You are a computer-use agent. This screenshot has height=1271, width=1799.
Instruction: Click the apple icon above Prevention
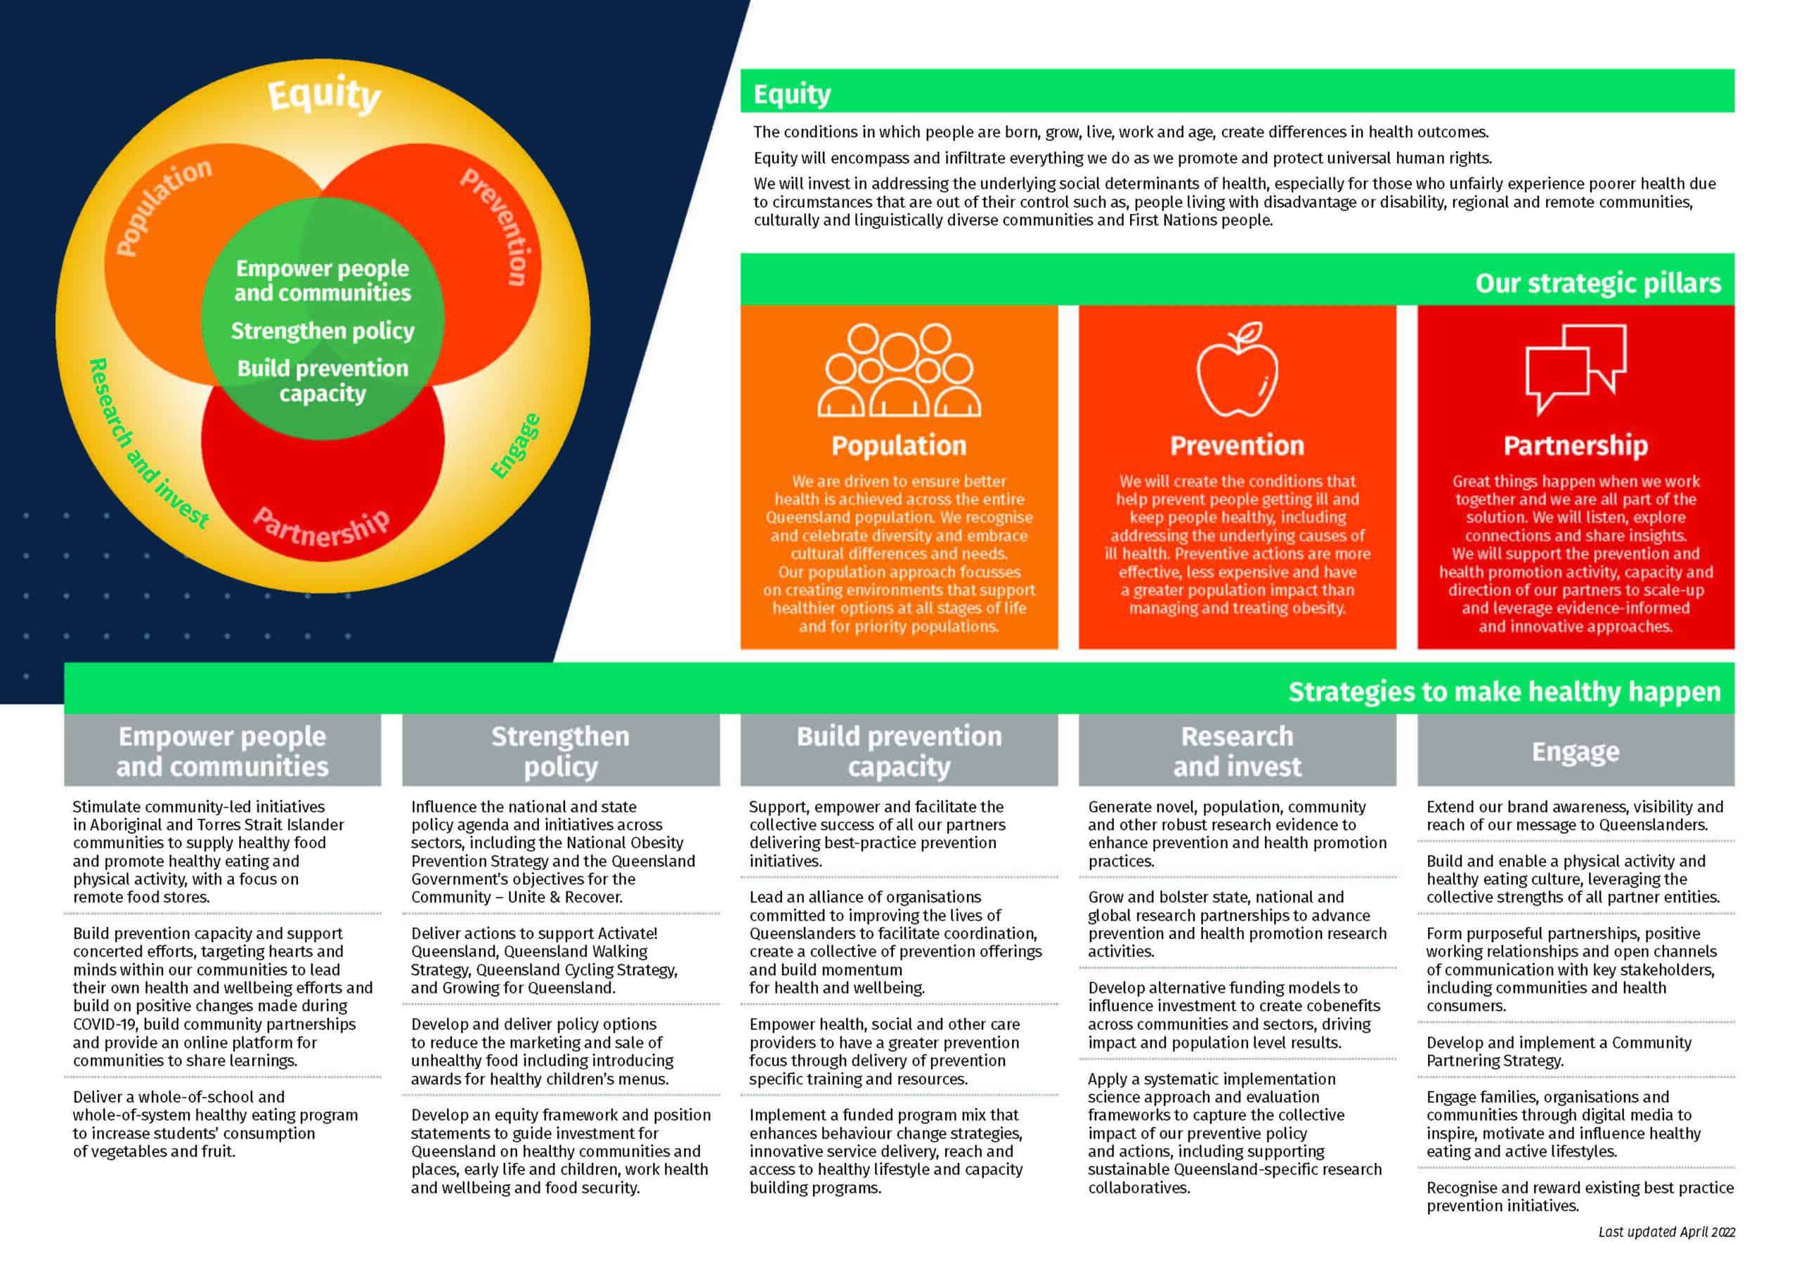1238,369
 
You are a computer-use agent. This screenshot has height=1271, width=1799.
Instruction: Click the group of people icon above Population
899,369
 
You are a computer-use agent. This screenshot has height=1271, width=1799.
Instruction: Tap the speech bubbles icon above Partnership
1576,369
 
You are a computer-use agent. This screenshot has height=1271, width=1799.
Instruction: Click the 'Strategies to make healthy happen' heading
1505,692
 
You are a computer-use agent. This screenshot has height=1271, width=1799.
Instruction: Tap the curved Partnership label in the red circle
321,529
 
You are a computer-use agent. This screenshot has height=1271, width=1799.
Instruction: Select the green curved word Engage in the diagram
515,446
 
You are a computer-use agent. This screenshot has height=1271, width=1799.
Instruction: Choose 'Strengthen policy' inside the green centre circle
323,331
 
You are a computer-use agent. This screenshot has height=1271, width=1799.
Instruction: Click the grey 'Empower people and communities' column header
223,751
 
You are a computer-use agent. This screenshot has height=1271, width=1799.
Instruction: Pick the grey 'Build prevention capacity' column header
899,751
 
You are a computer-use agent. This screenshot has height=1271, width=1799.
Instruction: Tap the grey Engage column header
1576,751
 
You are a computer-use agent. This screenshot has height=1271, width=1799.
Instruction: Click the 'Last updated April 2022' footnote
1667,1232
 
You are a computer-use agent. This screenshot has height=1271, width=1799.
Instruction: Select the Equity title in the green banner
792,94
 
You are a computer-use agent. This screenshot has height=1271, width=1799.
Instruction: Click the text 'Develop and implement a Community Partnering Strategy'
1559,1052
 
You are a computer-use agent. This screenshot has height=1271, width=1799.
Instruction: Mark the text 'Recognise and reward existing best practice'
1580,1187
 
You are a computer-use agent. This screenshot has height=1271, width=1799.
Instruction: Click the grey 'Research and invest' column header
1238,751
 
